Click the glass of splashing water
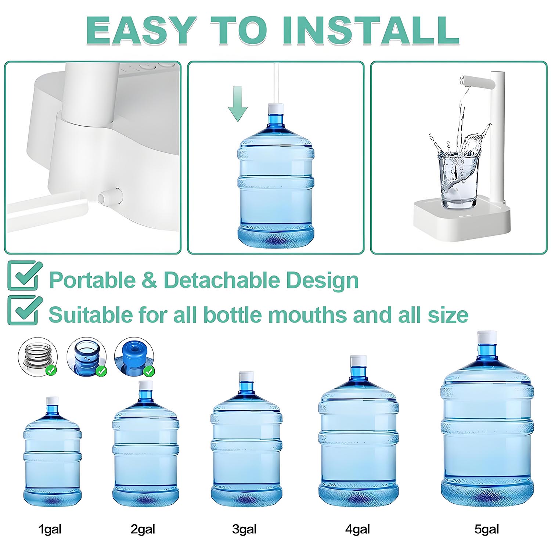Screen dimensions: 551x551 tap(459, 180)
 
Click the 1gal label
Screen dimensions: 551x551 tap(50, 529)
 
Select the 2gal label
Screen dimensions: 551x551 tap(143, 529)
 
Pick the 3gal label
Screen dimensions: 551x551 tap(244, 529)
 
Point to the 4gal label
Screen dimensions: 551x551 tap(357, 529)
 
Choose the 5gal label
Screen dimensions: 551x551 tap(487, 529)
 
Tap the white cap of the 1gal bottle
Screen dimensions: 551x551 tap(53, 401)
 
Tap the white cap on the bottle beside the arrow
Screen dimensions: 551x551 tap(276, 109)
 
